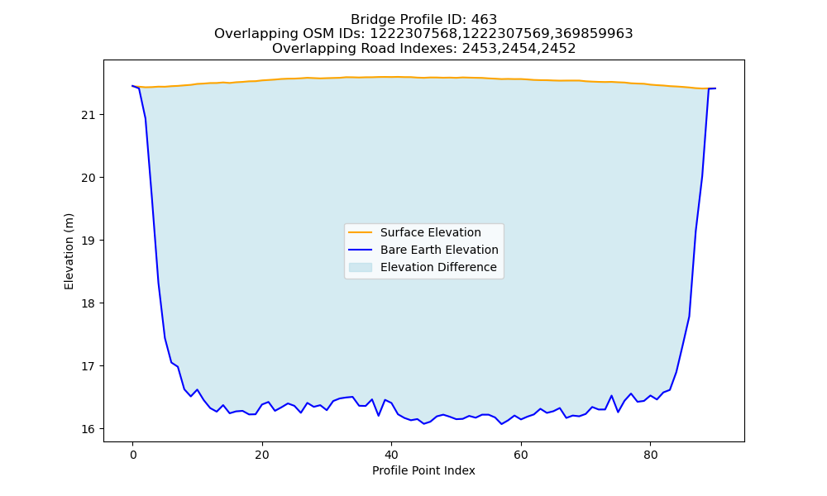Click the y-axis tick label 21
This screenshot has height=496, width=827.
[x=88, y=115]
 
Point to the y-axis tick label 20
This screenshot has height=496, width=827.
[x=88, y=178]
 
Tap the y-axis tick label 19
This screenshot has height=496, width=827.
[x=88, y=241]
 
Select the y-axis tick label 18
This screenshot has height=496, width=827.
[x=88, y=303]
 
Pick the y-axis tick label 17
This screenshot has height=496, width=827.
[x=88, y=366]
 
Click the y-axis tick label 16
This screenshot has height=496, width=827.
[x=88, y=429]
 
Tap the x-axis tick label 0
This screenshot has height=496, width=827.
[x=132, y=455]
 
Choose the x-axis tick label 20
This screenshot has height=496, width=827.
[x=262, y=455]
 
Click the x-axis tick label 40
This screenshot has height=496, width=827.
[x=391, y=455]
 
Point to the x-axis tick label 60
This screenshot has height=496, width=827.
[x=521, y=455]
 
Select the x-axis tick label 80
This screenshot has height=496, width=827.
[x=650, y=455]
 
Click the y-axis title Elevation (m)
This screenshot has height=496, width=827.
[x=69, y=251]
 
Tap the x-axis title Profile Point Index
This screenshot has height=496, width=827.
[x=423, y=470]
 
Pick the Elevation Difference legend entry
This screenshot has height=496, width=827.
[x=423, y=267]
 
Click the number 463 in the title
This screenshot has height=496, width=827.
[x=484, y=20]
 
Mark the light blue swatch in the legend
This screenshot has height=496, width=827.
[x=361, y=267]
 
